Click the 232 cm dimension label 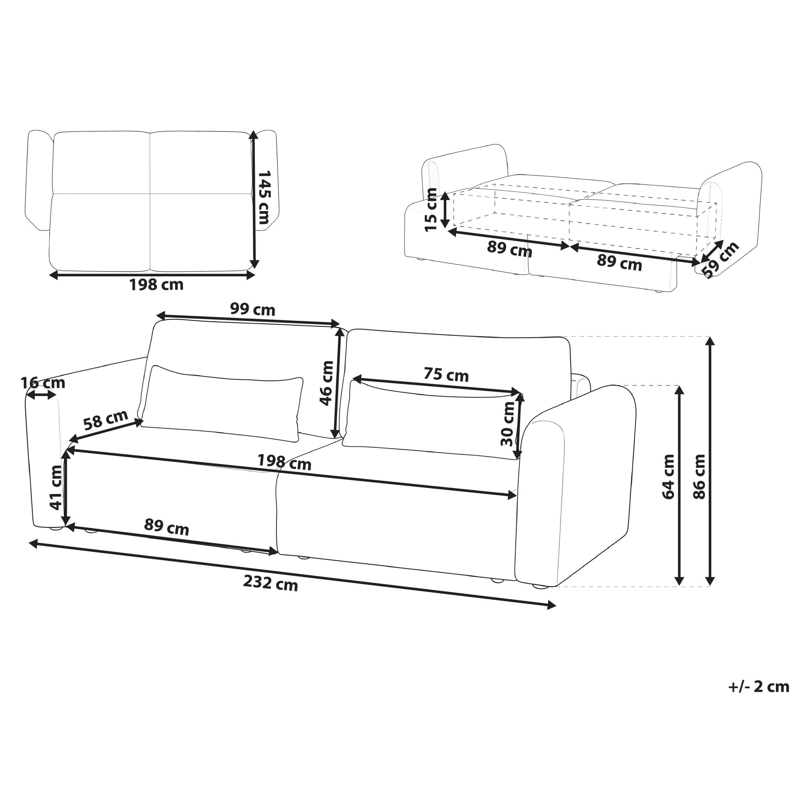(x=270, y=584)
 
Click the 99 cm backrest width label (x=253, y=309)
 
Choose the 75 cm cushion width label (x=446, y=375)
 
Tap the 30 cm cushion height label (x=508, y=424)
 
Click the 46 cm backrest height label (x=326, y=383)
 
